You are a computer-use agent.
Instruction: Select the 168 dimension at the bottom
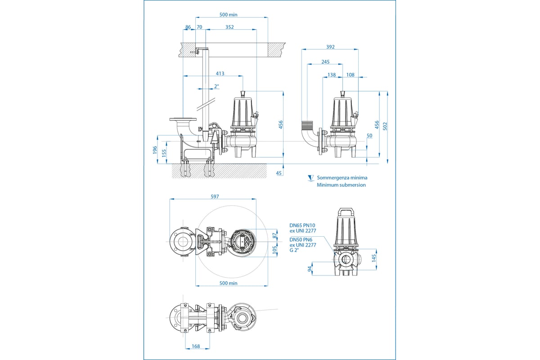[x=195, y=346]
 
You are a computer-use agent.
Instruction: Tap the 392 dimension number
[x=330, y=47]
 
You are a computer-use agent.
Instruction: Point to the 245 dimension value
[x=326, y=62]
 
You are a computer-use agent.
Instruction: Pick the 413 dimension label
[x=220, y=73]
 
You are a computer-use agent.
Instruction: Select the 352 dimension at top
[x=229, y=27]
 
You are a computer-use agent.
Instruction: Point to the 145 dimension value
[x=373, y=257]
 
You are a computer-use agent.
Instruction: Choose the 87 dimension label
[x=275, y=235]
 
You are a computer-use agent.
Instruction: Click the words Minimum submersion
[x=341, y=185]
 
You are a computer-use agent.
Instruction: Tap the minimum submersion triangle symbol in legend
[x=310, y=178]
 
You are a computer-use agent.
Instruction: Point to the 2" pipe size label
[x=216, y=86]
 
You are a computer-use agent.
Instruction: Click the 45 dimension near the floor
[x=279, y=173]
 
